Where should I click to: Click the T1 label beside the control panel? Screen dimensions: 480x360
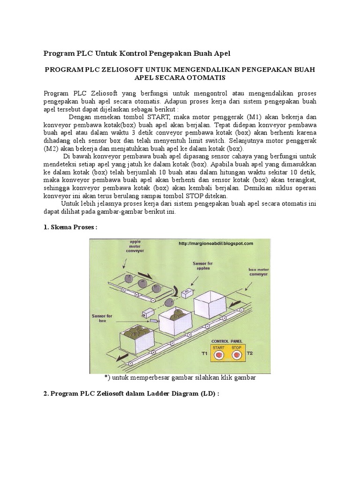tap(204, 353)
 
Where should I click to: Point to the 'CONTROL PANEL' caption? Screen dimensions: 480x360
tap(227, 341)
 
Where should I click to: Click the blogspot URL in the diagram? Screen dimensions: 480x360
tap(216, 243)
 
